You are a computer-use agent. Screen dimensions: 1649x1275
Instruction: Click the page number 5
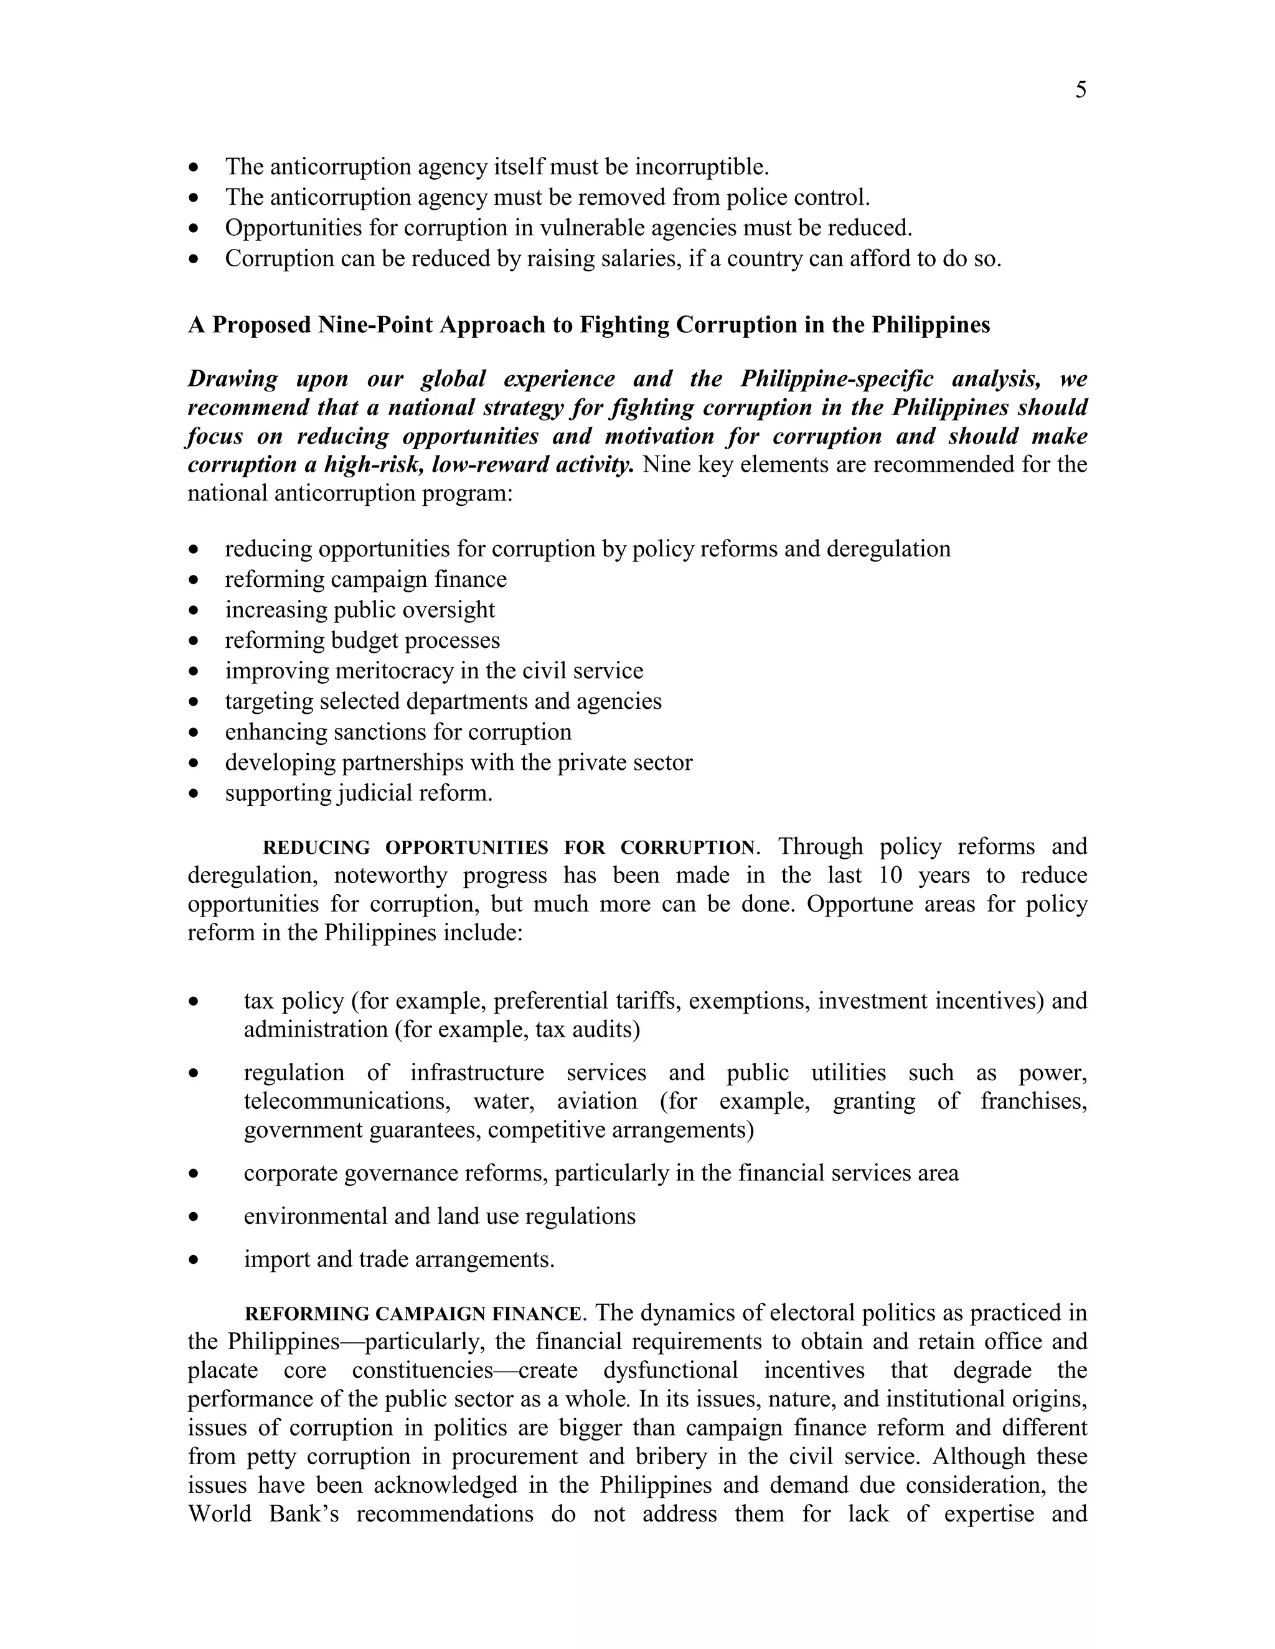click(x=1081, y=91)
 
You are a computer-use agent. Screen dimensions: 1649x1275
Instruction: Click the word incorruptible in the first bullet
click(x=700, y=167)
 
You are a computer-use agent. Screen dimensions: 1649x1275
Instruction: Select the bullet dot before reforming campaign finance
click(x=195, y=580)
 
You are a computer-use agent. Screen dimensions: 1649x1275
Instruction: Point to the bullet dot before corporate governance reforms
click(x=195, y=1174)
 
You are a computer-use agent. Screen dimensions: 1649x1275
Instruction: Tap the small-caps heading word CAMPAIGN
click(x=431, y=1314)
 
